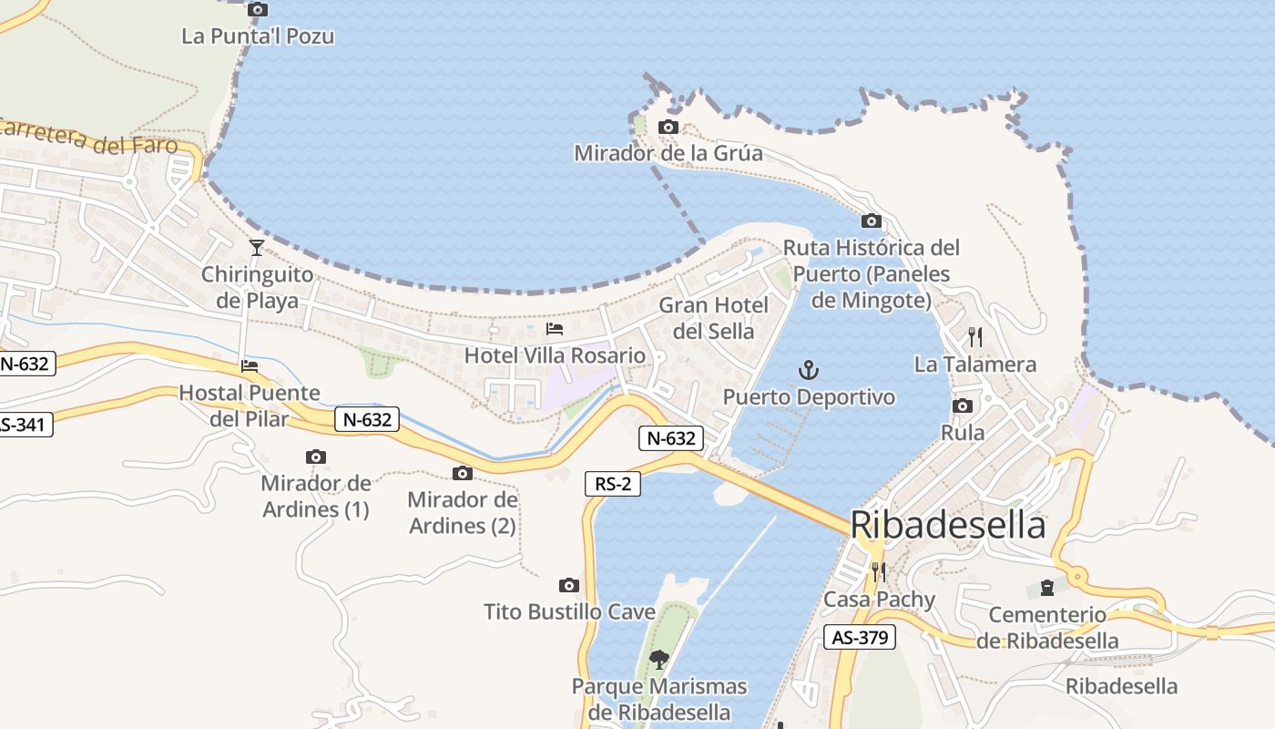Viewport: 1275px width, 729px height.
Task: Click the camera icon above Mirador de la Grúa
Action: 668,127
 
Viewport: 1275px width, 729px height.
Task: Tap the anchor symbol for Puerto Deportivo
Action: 809,370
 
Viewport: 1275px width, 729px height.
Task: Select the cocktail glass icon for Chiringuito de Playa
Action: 257,247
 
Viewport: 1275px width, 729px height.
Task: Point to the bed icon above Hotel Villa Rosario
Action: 554,328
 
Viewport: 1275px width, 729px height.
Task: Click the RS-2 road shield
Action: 613,485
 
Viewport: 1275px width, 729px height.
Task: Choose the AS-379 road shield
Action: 860,637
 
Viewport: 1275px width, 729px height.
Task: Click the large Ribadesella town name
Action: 948,526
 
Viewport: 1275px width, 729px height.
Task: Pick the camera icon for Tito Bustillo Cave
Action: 569,585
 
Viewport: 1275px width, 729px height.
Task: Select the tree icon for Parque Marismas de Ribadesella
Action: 658,658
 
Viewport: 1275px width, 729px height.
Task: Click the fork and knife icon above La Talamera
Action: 974,337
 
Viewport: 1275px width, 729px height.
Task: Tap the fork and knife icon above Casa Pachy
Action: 878,571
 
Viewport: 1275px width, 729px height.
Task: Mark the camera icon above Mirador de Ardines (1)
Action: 316,457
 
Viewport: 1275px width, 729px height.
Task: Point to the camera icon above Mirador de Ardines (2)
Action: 463,473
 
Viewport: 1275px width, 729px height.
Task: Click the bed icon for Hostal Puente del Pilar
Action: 249,366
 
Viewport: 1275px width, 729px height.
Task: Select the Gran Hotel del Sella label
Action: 714,317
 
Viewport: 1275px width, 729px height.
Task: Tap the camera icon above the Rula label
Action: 963,406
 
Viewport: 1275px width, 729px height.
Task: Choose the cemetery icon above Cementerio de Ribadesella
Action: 1046,588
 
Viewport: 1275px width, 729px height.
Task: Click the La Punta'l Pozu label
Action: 258,36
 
